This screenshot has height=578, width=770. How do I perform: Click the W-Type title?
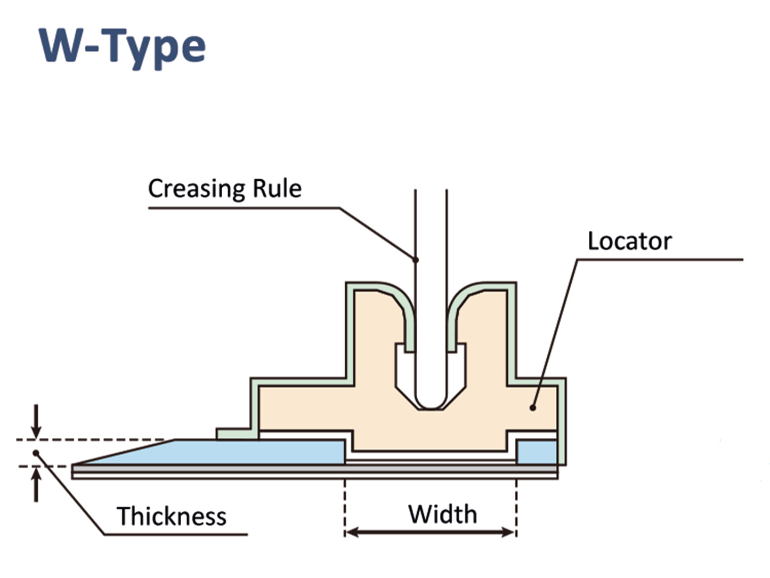(x=122, y=47)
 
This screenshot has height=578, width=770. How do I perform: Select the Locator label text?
(x=629, y=241)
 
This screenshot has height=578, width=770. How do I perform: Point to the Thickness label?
(x=172, y=516)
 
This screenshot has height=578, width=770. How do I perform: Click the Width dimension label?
(x=442, y=515)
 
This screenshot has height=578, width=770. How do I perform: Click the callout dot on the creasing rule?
(x=416, y=260)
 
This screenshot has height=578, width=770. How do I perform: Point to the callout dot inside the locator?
(x=532, y=408)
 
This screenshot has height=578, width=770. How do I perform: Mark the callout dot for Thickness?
(x=36, y=453)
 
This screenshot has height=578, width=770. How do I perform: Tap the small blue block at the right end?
(x=537, y=452)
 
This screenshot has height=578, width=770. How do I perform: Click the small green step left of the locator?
(x=234, y=433)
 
